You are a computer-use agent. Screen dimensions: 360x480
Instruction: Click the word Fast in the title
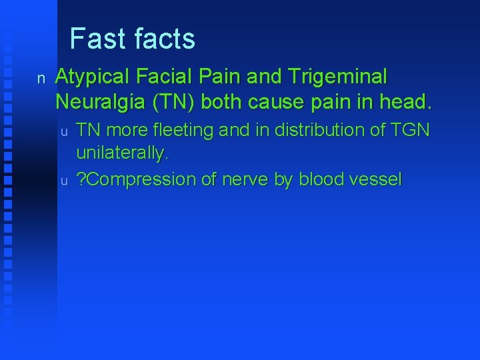point(97,39)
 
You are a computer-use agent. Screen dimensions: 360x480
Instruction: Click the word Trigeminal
point(337,77)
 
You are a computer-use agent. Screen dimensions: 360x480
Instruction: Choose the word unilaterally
point(123,153)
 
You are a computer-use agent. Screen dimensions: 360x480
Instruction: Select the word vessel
point(379,180)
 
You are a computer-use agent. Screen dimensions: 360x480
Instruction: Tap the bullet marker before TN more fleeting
point(65,131)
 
